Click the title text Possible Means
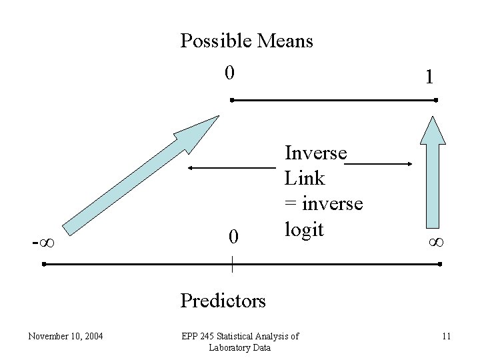247,41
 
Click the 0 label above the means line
229,72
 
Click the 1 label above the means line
430,77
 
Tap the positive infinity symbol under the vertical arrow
437,241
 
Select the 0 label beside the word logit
233,237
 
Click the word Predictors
223,301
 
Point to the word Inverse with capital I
315,153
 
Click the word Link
304,178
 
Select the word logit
304,229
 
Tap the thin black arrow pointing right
381,163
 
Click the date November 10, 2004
65,336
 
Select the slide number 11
446,336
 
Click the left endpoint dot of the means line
231,100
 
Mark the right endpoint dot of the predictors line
441,265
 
